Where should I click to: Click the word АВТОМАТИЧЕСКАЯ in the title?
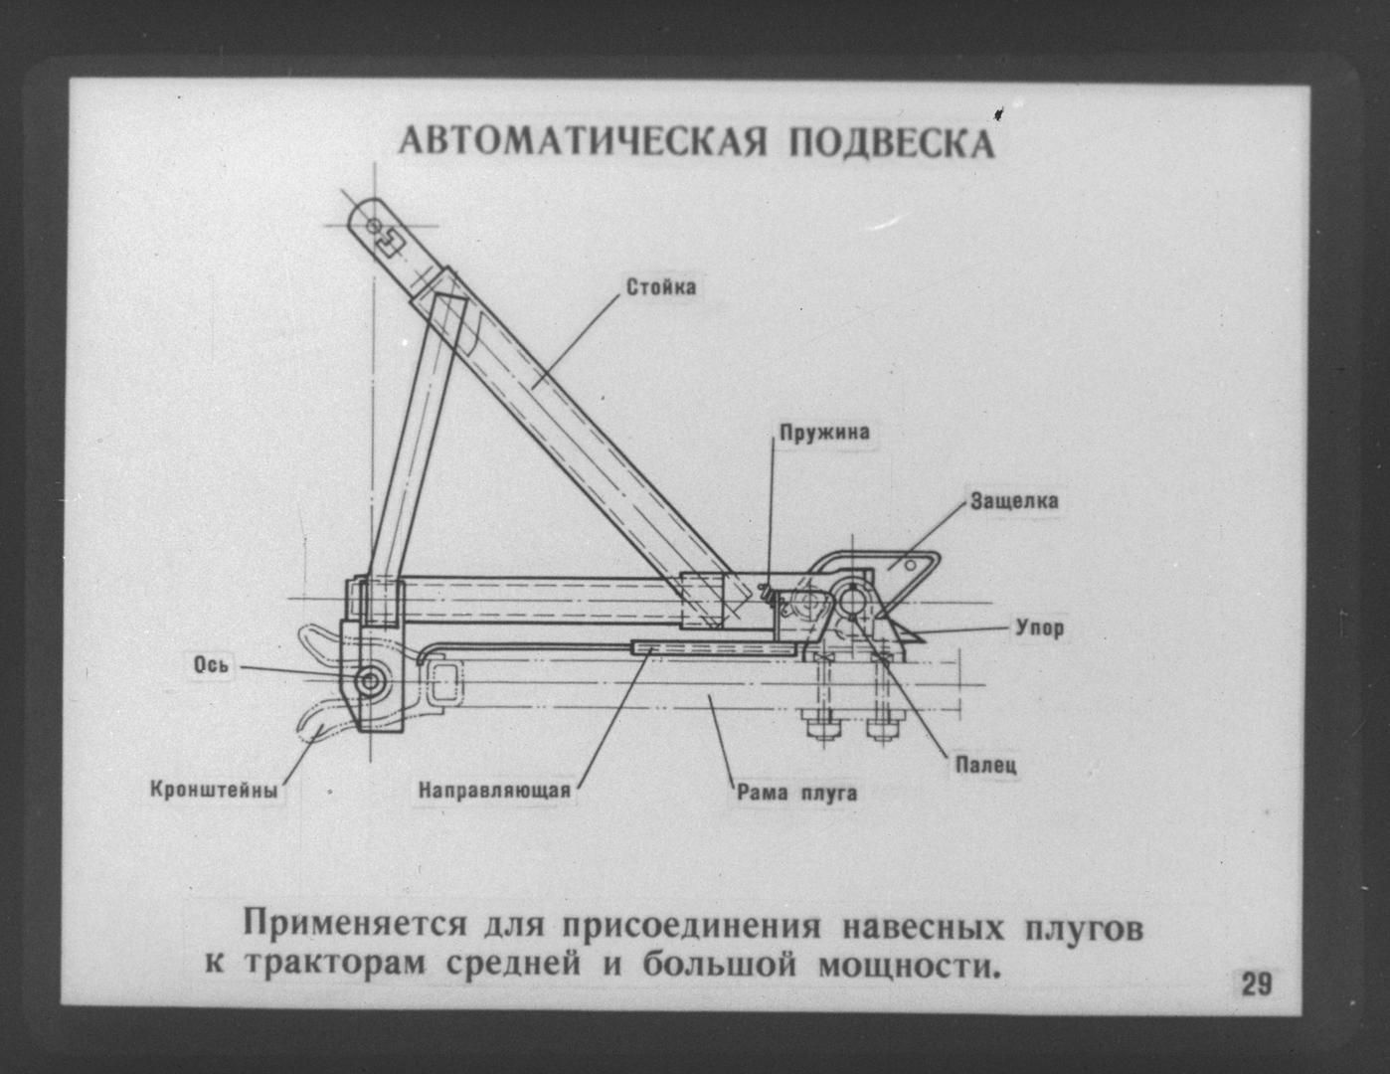tap(582, 141)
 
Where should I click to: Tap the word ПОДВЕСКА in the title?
tap(892, 141)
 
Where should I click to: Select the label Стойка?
tap(661, 287)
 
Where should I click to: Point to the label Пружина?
tap(824, 433)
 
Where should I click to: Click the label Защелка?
tap(1014, 501)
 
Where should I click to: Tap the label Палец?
tap(985, 765)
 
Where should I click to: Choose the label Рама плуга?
tap(797, 794)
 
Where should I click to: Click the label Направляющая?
tap(494, 791)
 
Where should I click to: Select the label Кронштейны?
tap(215, 790)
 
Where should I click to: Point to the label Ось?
tap(211, 666)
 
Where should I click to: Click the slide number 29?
tap(1257, 984)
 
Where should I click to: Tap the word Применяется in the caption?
tap(355, 926)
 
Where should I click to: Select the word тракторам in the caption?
tap(335, 965)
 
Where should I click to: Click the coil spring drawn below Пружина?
tap(770, 595)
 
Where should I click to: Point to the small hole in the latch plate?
tap(909, 564)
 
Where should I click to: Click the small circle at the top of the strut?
tap(373, 225)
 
